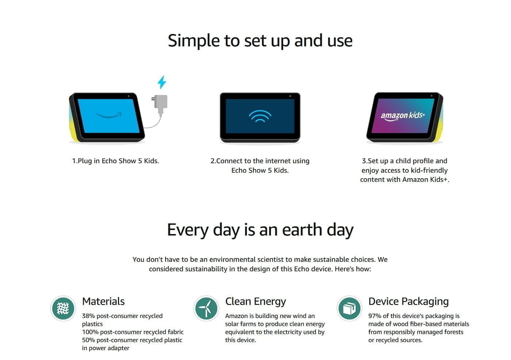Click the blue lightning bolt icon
coord(162,82)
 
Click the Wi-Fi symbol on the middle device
coord(260,116)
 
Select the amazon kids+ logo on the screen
coord(403,116)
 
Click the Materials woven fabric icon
coord(63,309)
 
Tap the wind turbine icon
coord(206,309)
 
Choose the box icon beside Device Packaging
coord(349,309)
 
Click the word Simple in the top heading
coord(194,41)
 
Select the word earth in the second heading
coord(302,230)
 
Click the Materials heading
coord(103,301)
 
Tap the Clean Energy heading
coord(256,302)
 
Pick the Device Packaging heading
coord(408,302)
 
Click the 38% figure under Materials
coord(88,316)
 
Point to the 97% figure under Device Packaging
coord(375,316)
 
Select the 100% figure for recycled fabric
coord(90,332)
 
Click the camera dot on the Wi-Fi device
coord(290,96)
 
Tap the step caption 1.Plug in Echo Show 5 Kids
coord(115,161)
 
